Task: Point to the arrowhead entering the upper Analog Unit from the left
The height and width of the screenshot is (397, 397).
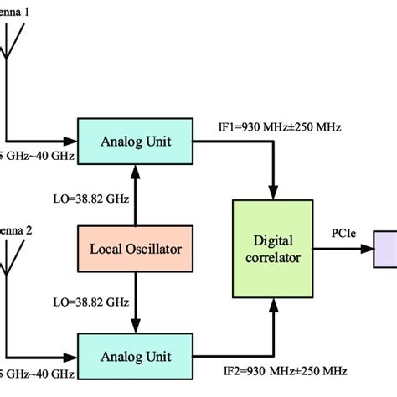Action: (71, 142)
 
